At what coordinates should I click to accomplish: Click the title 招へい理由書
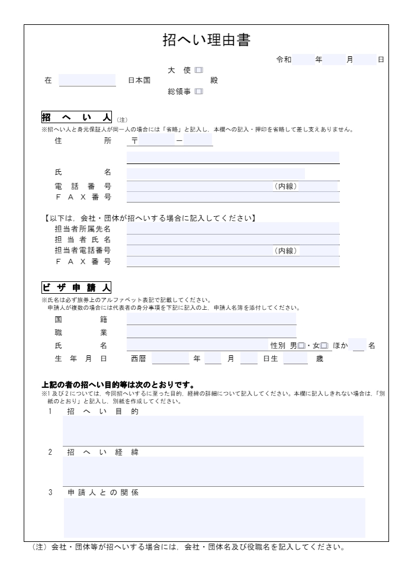coord(206,40)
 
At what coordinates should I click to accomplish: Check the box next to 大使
coord(198,70)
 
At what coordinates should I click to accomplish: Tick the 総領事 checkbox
coord(198,91)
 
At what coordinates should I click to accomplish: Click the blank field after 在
coord(87,81)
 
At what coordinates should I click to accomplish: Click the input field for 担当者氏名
coord(233,239)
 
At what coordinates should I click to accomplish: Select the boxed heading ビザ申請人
coord(76,288)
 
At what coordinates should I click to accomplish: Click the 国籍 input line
coord(211,319)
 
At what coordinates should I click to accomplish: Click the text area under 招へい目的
coord(213,431)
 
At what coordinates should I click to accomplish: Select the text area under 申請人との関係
coord(214,516)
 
